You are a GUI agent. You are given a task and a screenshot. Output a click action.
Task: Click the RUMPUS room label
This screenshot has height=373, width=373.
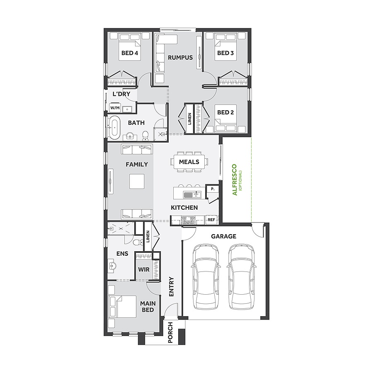coord(180,58)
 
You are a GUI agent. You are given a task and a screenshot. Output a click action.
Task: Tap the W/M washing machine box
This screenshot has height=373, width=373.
coord(114,108)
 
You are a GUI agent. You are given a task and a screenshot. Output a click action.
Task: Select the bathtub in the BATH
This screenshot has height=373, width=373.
coord(114,127)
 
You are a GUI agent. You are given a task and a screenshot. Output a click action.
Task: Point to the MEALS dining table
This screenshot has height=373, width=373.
coord(189,162)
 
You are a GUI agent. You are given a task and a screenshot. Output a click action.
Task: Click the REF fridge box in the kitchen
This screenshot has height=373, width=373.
coord(211,220)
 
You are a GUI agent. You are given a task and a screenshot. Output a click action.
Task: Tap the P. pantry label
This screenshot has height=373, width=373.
coord(212,189)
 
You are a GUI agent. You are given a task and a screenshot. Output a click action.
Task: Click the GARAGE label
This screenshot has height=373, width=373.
coord(223,237)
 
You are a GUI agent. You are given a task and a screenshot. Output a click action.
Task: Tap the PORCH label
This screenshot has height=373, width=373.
coord(170,333)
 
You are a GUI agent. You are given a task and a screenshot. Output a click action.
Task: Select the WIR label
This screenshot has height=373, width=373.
coord(143,269)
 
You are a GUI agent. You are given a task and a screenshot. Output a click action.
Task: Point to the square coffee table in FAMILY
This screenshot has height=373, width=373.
coord(136,182)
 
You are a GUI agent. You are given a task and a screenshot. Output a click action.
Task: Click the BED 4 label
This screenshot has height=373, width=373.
coord(129,53)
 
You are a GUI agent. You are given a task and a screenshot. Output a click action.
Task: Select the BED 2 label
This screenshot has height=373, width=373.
coord(226,112)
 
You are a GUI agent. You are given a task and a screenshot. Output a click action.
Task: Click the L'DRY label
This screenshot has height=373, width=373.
coord(121,94)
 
